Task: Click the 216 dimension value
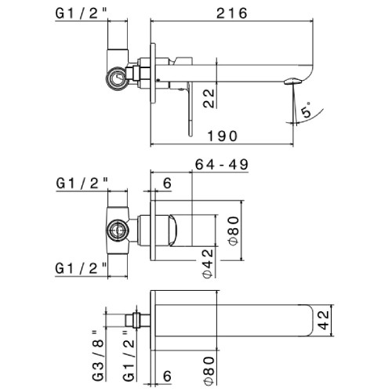[231, 13]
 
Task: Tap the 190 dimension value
[223, 136]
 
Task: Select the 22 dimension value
[209, 98]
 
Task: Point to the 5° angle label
[307, 110]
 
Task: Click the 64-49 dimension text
[222, 165]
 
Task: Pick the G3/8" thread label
[98, 356]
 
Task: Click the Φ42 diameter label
[209, 263]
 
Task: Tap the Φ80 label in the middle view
[234, 230]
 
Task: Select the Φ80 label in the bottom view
[209, 370]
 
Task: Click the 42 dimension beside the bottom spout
[324, 321]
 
